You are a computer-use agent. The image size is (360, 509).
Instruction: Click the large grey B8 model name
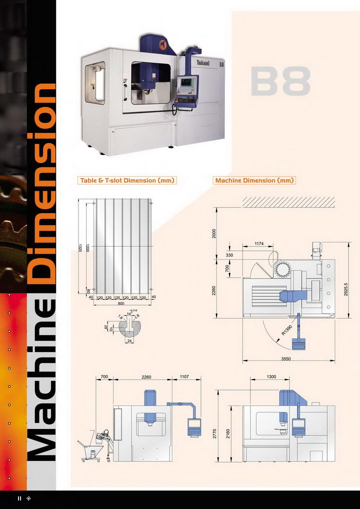click(x=280, y=81)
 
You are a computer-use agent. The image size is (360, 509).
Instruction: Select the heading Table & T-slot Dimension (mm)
click(x=128, y=180)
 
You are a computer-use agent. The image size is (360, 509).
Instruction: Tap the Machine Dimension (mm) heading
click(x=254, y=180)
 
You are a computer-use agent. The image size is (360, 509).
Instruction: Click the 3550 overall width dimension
click(x=285, y=358)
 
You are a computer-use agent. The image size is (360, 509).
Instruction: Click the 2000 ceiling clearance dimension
click(x=214, y=233)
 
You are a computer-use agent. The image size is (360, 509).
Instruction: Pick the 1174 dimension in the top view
click(x=258, y=243)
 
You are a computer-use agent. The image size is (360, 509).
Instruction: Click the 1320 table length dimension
click(x=80, y=248)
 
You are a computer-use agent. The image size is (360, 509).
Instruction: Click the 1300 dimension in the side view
click(x=271, y=376)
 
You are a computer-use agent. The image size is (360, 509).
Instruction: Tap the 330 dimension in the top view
click(x=230, y=255)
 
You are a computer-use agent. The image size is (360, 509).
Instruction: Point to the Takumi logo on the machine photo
click(x=202, y=62)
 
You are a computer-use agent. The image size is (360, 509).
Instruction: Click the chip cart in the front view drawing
click(x=95, y=444)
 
